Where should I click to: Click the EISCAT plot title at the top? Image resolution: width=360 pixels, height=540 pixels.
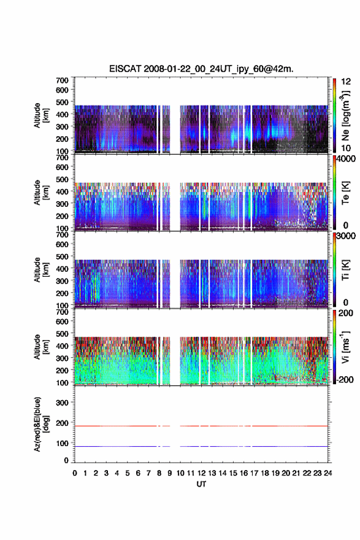tap(201, 69)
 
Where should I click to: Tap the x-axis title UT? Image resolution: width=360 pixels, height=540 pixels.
tap(201, 484)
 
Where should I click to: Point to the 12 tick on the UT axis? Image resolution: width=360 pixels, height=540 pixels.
tap(201, 473)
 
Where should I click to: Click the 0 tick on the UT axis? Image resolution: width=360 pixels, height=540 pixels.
tap(75, 473)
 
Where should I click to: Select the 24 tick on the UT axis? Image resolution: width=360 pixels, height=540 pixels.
tap(327, 473)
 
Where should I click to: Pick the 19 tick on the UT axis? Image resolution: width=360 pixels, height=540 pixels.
tap(275, 473)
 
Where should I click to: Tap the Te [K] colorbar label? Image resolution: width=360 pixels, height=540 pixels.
tap(345, 193)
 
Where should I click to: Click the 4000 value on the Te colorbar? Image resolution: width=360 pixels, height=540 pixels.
tap(347, 159)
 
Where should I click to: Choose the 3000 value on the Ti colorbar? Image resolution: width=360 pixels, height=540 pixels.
tap(347, 236)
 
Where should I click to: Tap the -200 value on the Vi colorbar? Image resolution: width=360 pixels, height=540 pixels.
tap(345, 379)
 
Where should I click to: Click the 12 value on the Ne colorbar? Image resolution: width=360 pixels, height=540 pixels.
tap(347, 82)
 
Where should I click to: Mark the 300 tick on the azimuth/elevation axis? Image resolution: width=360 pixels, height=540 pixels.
tap(63, 403)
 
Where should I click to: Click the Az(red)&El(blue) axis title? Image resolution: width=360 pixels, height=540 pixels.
tap(40, 424)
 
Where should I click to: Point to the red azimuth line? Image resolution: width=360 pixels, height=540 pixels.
tap(201, 426)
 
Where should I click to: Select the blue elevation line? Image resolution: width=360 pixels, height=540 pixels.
tap(201, 446)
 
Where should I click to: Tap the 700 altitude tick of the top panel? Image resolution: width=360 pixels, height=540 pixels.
tap(63, 80)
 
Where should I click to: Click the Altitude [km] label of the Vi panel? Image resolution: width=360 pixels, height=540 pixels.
tap(40, 347)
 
